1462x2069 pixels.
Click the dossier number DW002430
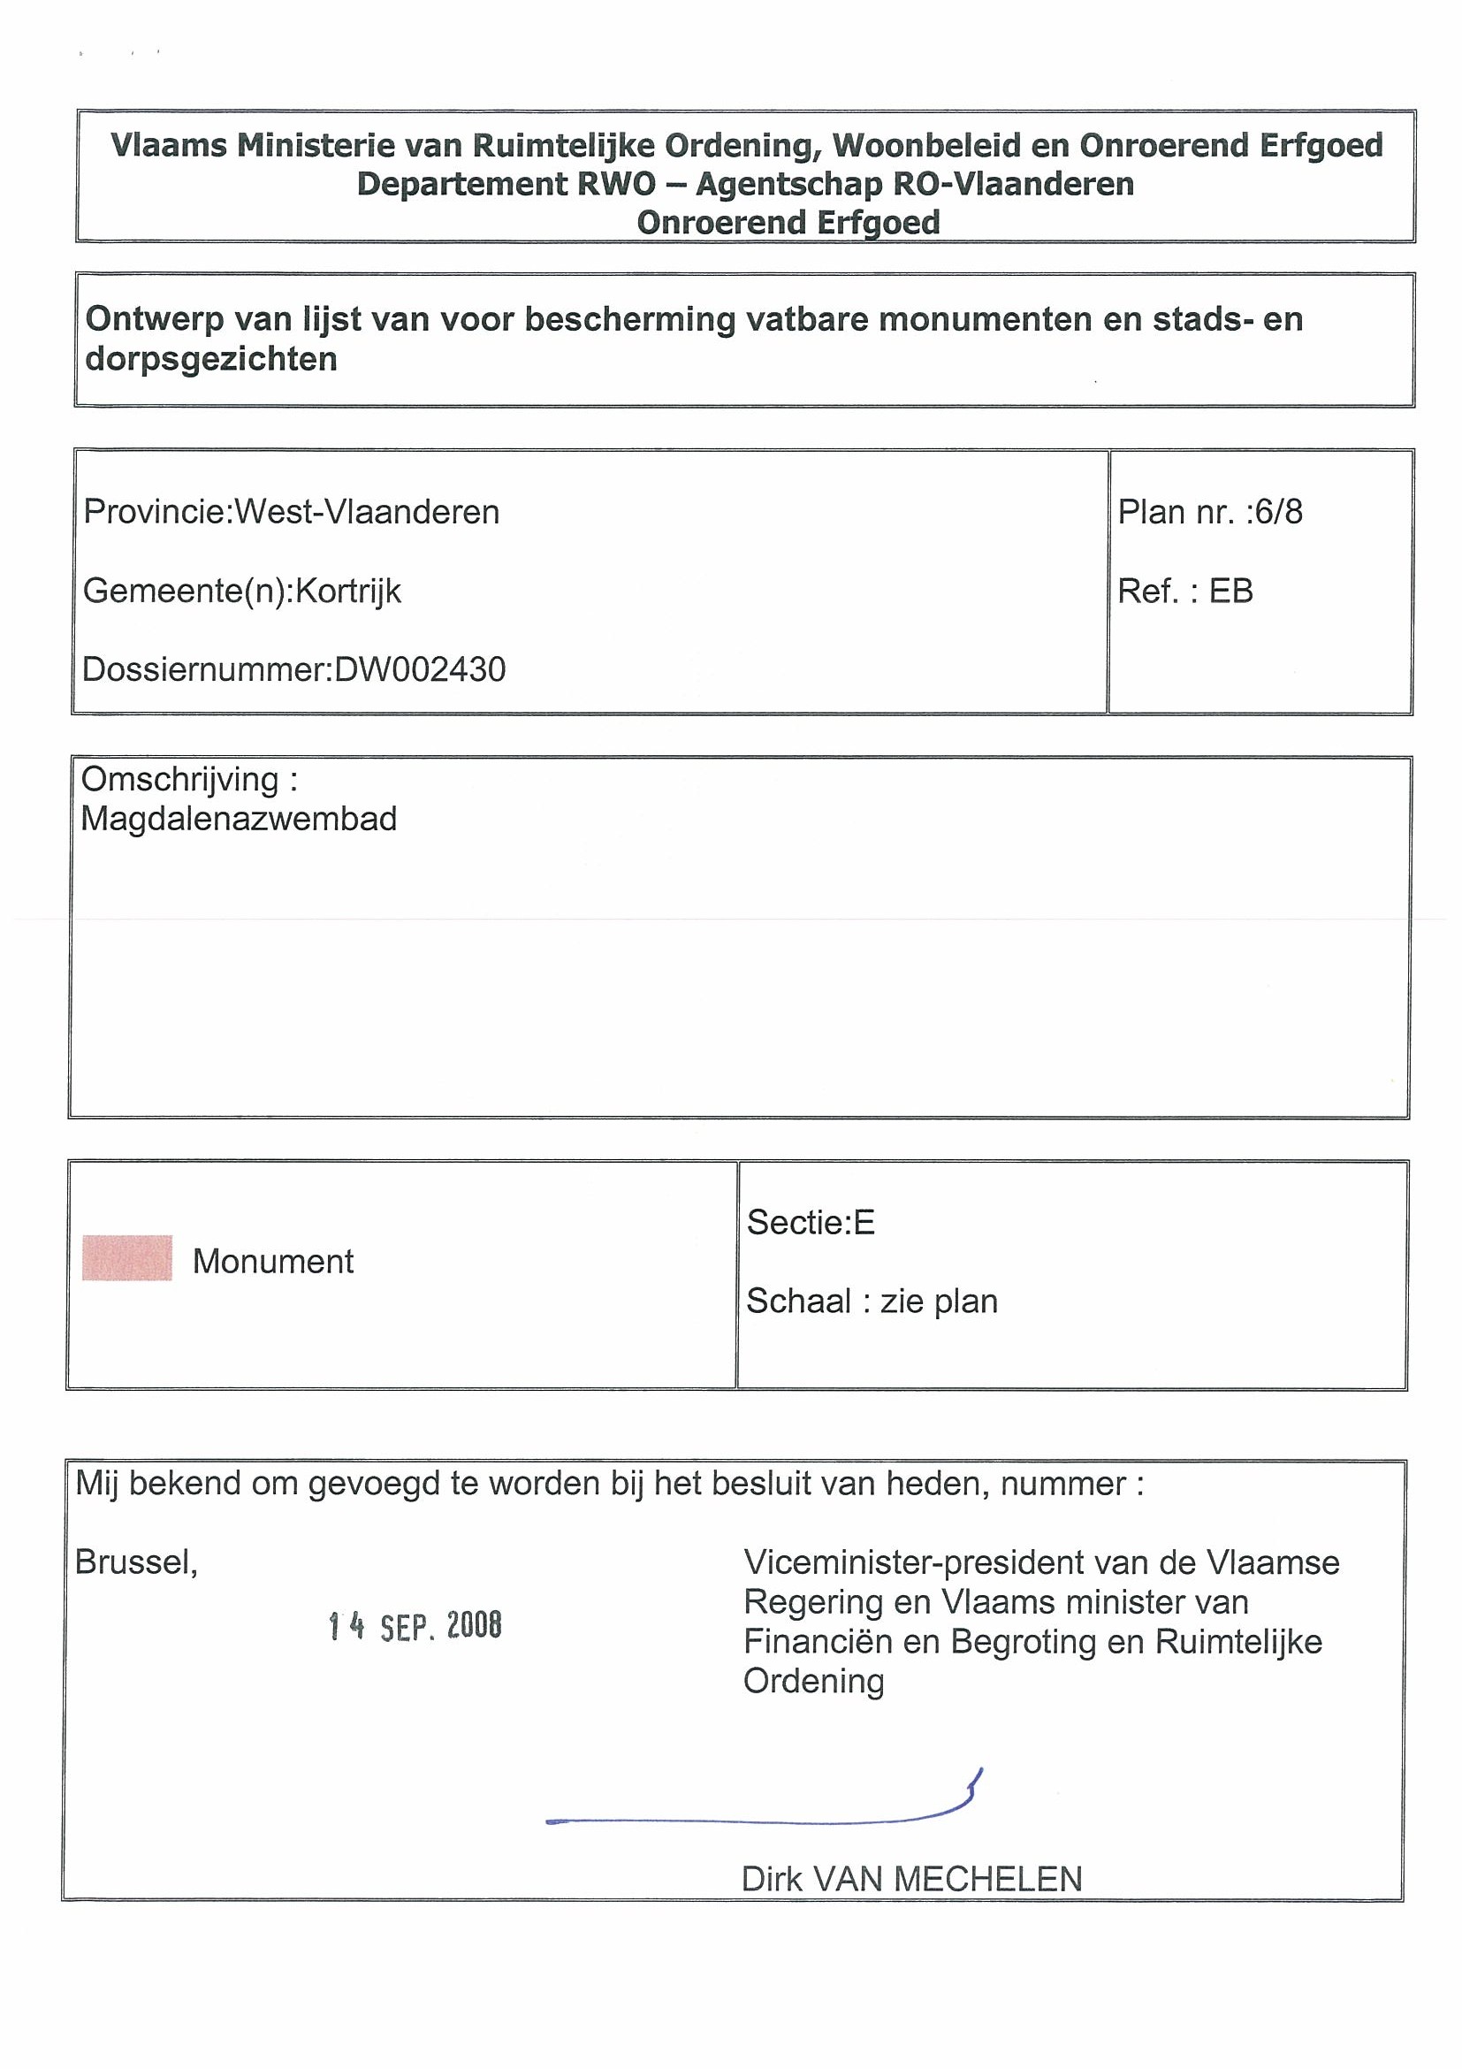click(420, 669)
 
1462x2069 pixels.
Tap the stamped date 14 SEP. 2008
click(415, 1627)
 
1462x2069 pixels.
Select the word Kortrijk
click(347, 592)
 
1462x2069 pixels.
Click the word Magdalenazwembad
click(239, 819)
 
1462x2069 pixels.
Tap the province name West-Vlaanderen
click(367, 512)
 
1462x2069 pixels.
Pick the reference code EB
click(1230, 592)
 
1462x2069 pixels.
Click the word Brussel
click(136, 1562)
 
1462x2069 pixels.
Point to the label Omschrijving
click(180, 780)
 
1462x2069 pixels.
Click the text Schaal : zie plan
click(872, 1302)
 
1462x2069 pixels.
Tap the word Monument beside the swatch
click(273, 1262)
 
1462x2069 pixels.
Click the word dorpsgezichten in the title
click(211, 359)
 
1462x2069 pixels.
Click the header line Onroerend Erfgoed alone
click(788, 222)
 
